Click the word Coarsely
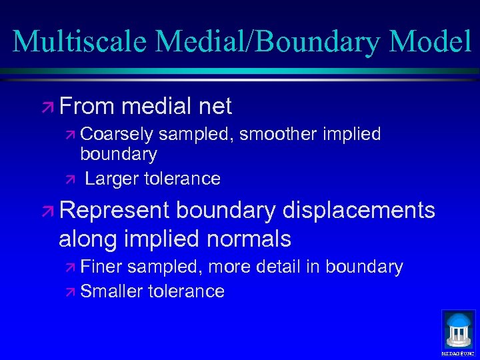click(x=117, y=135)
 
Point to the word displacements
click(x=359, y=211)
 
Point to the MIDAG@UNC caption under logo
click(x=459, y=353)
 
